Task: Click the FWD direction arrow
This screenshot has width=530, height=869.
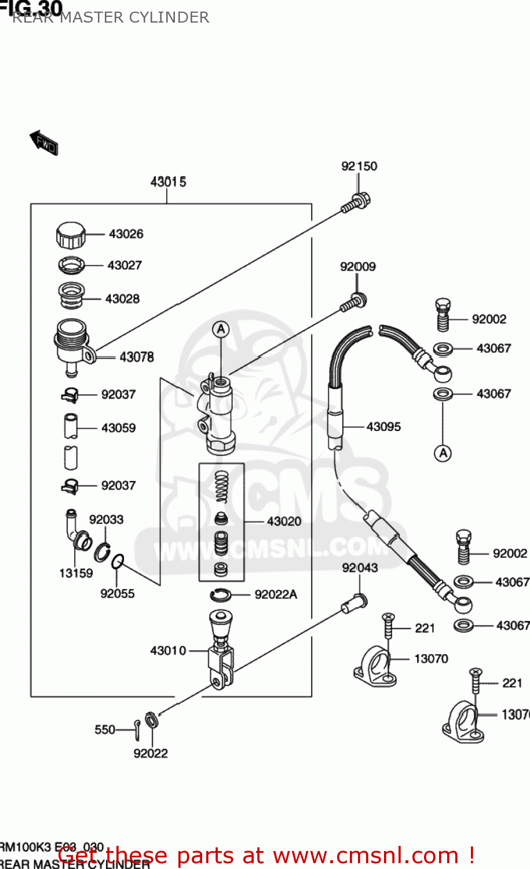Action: [x=44, y=142]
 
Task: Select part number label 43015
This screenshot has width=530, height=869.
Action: [x=168, y=182]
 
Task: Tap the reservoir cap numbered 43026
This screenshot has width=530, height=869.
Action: [x=71, y=235]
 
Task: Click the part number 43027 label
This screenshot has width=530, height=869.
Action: [x=125, y=265]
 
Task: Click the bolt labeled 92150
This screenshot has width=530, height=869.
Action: [x=356, y=203]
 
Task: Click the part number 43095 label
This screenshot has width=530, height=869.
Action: [x=383, y=427]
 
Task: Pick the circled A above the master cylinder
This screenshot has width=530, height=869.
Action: [x=221, y=330]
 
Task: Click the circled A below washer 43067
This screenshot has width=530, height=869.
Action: [x=443, y=453]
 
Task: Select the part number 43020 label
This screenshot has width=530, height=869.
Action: [x=284, y=521]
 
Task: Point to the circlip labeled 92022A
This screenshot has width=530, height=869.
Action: [x=220, y=594]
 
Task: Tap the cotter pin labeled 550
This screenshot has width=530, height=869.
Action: [x=136, y=729]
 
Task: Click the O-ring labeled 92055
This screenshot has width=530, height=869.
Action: [x=117, y=561]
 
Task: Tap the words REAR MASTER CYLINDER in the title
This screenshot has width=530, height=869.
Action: [x=110, y=17]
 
